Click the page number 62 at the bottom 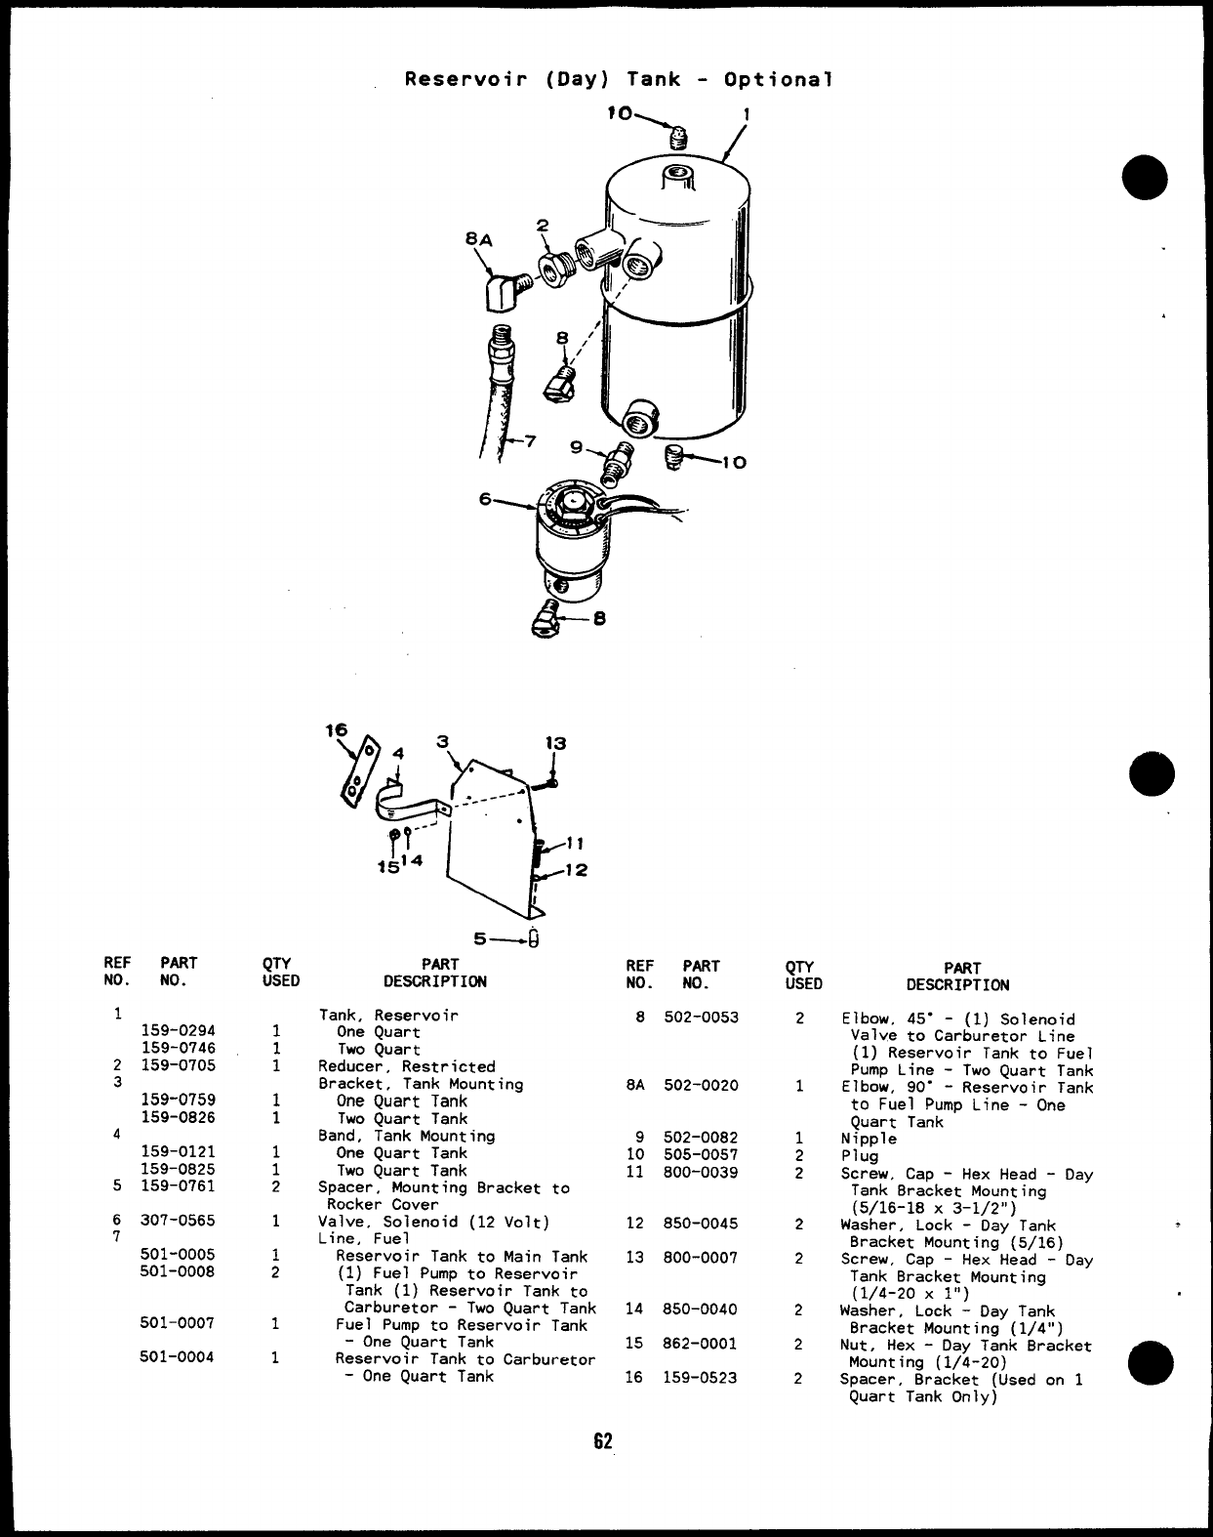[603, 1441]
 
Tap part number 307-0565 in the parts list [179, 1221]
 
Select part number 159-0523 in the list [701, 1378]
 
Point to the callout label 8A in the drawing [478, 237]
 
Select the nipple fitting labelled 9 [615, 462]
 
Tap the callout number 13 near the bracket [555, 743]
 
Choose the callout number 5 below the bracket [479, 939]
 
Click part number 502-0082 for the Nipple [701, 1138]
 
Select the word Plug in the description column [859, 1155]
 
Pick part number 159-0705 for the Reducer [179, 1065]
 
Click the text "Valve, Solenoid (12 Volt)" [433, 1222]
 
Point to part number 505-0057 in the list [701, 1155]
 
